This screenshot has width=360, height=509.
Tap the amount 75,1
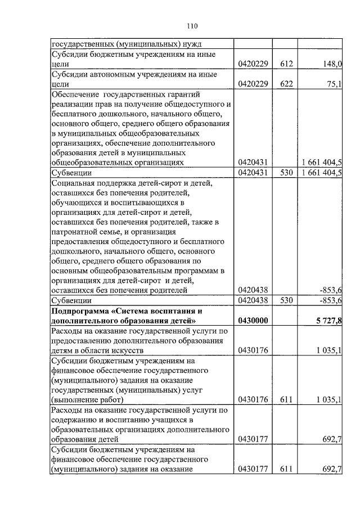[x=334, y=84]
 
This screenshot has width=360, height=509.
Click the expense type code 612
[x=286, y=65]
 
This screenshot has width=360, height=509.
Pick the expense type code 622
[x=286, y=84]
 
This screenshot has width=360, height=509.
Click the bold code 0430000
[x=253, y=321]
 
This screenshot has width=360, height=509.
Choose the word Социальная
[x=74, y=182]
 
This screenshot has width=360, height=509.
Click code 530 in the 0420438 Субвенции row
[x=286, y=300]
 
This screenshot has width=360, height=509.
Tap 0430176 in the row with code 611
[x=253, y=400]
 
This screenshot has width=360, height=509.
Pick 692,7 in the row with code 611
[x=332, y=469]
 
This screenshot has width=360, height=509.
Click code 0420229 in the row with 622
[x=253, y=84]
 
